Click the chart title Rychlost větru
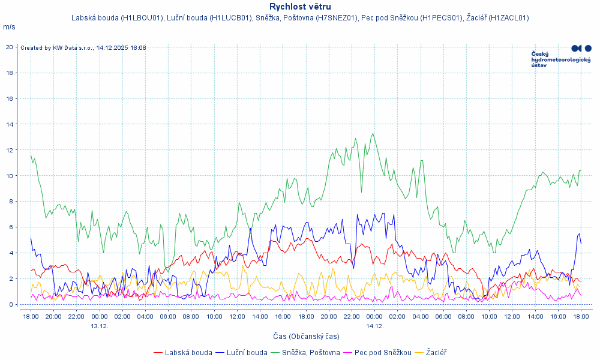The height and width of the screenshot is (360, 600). click(300, 7)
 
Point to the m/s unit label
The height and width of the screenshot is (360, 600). click(9, 27)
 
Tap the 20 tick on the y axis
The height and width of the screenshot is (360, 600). click(10, 47)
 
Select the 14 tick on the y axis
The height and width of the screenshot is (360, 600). click(10, 124)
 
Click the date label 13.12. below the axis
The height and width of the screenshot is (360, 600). click(100, 326)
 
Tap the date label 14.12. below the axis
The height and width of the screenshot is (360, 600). click(374, 326)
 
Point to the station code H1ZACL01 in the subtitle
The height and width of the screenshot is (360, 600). click(508, 18)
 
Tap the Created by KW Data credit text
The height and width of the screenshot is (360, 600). click(83, 48)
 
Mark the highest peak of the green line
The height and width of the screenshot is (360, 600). click(373, 134)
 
